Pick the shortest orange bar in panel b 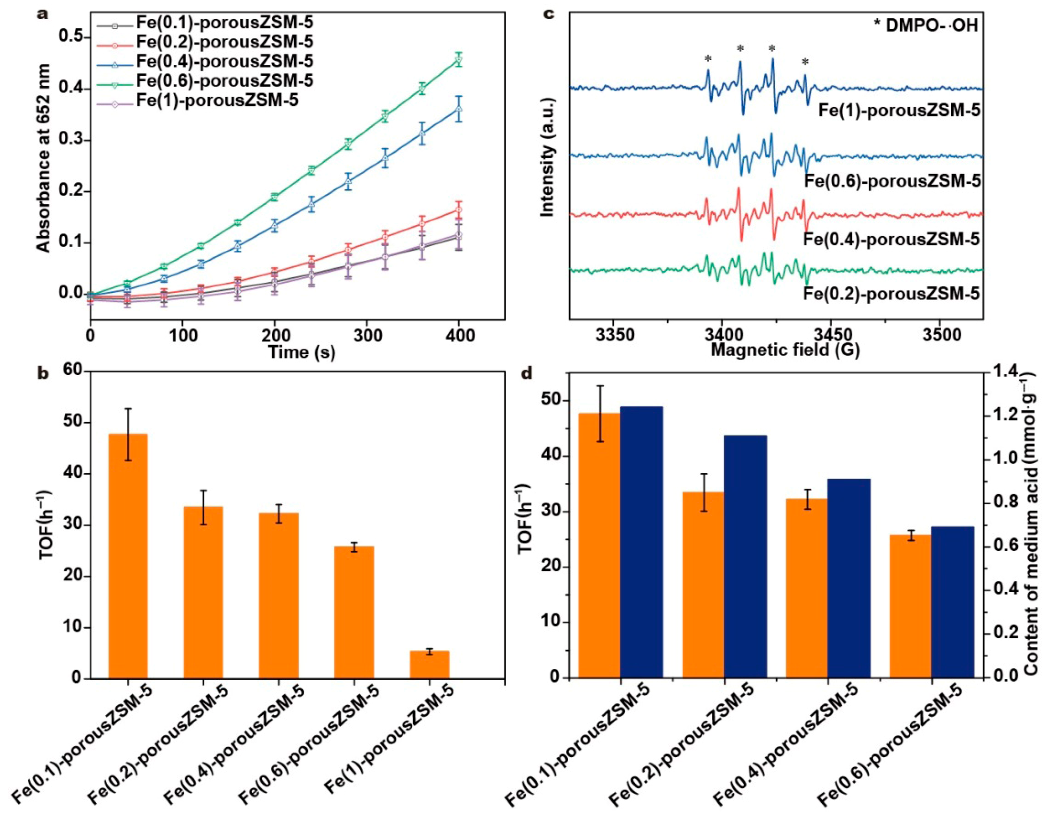coord(429,665)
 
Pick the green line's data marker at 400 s coord(459,60)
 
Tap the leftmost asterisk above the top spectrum coord(708,59)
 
